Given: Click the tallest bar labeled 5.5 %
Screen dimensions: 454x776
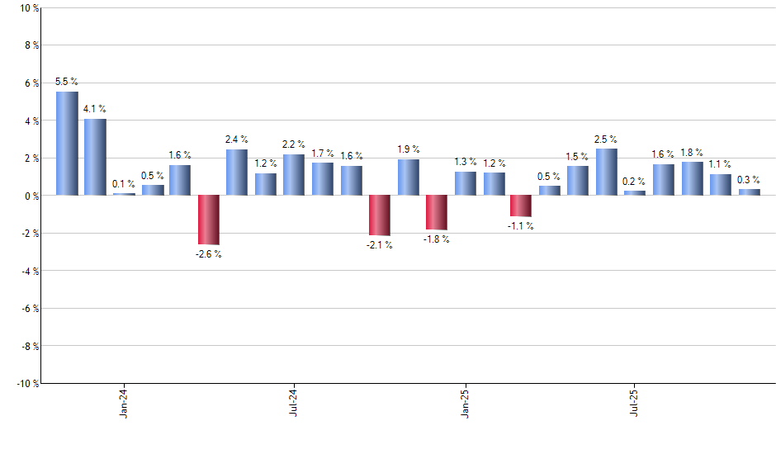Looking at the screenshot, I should pos(67,144).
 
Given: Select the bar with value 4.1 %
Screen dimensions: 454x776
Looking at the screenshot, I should pos(95,157).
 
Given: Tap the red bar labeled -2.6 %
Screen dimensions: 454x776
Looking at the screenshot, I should pos(208,220).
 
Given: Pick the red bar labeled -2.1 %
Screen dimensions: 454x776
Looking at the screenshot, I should pos(379,215).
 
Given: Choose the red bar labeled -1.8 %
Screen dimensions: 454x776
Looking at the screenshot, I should pos(436,212).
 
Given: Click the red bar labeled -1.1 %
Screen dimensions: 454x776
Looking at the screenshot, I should pos(521,206).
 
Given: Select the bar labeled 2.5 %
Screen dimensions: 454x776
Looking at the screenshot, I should pos(606,172).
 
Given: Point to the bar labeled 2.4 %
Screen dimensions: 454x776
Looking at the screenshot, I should pos(237,173).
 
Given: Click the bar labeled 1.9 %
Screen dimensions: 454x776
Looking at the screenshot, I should pos(408,177).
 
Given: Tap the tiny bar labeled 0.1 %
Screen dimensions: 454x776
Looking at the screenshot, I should pos(124,194).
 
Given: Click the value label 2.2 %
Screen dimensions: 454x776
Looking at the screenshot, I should pos(294,144).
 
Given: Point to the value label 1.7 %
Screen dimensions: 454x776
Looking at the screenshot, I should pos(322,153).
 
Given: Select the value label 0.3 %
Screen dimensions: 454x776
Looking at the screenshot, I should pos(749,179).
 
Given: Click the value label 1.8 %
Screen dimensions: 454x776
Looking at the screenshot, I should pos(692,152).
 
